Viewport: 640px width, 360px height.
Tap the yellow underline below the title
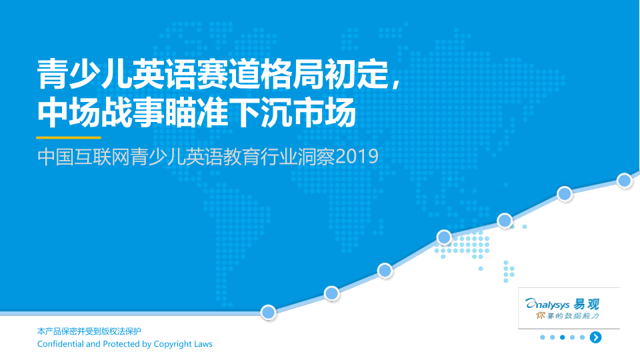pyautogui.click(x=69, y=137)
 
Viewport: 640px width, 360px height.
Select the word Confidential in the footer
pyautogui.click(x=61, y=344)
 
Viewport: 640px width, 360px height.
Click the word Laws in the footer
pyautogui.click(x=203, y=344)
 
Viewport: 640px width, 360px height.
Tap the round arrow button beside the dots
pyautogui.click(x=595, y=337)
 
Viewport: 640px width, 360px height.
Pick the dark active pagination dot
pyautogui.click(x=563, y=337)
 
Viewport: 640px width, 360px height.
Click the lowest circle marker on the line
pyautogui.click(x=268, y=313)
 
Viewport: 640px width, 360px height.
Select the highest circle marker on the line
pyautogui.click(x=624, y=180)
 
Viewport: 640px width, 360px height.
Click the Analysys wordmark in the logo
pyautogui.click(x=547, y=305)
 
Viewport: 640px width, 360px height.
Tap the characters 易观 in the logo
pyautogui.click(x=586, y=305)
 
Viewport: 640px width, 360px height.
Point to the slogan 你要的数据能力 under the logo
pyautogui.click(x=567, y=315)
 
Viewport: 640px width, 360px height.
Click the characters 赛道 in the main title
pyautogui.click(x=229, y=74)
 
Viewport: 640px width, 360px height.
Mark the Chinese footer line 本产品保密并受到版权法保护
pyautogui.click(x=89, y=331)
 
